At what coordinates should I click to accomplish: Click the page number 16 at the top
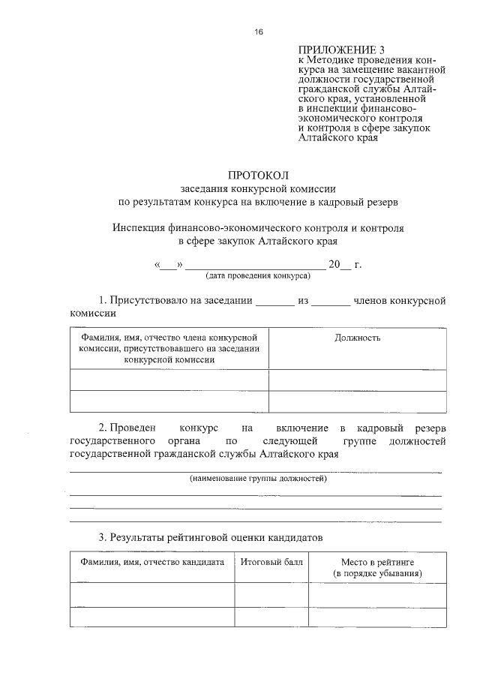[x=258, y=32]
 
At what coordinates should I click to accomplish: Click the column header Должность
[x=357, y=338]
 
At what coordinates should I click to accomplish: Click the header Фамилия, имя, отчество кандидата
[x=152, y=562]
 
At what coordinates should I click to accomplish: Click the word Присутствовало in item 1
[x=148, y=301]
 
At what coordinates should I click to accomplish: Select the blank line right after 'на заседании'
[x=275, y=303]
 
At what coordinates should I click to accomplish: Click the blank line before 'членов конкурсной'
[x=330, y=303]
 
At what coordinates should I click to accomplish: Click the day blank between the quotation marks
[x=169, y=266]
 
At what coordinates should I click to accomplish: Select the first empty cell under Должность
[x=357, y=380]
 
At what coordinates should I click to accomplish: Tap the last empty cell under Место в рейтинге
[x=377, y=617]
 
